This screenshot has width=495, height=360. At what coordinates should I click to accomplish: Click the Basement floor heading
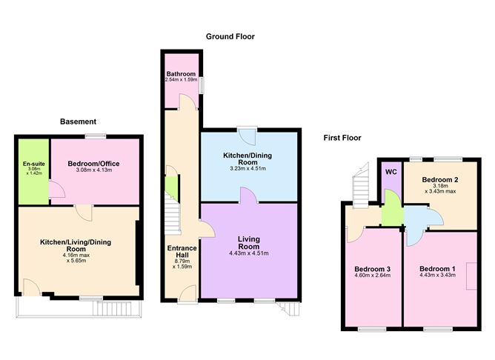click(78, 121)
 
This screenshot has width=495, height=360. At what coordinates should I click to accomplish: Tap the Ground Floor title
click(230, 36)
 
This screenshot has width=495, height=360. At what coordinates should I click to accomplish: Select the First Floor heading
click(342, 138)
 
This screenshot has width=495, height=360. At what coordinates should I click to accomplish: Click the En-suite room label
click(34, 164)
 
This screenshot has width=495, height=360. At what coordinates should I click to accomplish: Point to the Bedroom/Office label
click(94, 164)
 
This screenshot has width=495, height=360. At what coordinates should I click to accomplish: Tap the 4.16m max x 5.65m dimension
click(76, 258)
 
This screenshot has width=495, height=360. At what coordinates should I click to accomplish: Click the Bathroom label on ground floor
click(182, 74)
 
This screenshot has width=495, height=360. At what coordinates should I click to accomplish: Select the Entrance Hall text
click(182, 251)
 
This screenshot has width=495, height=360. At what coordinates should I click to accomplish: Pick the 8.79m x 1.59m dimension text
click(182, 264)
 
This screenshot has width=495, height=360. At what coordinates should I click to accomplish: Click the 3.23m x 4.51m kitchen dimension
click(247, 168)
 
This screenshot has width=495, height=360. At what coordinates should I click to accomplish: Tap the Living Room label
click(249, 243)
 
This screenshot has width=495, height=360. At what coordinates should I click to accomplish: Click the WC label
click(391, 172)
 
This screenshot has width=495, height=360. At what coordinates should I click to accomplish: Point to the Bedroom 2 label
click(440, 179)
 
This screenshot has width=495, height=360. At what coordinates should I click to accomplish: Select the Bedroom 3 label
click(373, 269)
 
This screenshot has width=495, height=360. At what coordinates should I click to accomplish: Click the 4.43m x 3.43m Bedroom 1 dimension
click(437, 275)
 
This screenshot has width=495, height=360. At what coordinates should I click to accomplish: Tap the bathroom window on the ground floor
click(202, 85)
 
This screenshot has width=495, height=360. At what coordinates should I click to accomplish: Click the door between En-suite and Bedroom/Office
click(57, 190)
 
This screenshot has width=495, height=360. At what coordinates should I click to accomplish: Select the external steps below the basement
click(112, 309)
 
